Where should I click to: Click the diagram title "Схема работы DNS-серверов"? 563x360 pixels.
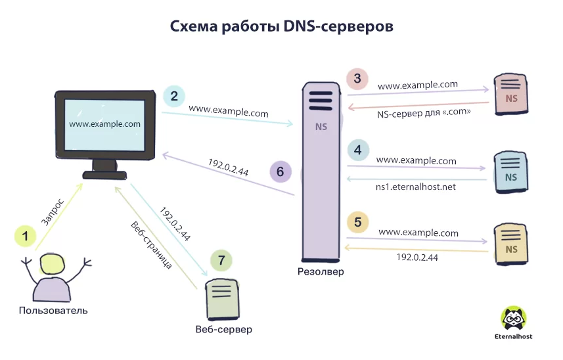coord(282,26)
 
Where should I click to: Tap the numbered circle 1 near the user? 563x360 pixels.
coord(26,235)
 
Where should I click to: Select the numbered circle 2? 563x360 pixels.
coord(174,96)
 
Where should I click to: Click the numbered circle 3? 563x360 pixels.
coord(357,79)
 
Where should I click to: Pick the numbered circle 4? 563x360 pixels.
coord(357,150)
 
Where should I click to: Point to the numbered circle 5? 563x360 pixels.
coord(357,222)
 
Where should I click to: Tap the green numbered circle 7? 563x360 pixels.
coord(221,260)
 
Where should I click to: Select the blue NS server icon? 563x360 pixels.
coord(510,172)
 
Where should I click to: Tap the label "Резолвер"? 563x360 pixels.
coord(321,271)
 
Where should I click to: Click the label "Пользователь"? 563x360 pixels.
coord(53,311)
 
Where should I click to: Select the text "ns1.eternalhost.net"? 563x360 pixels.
coord(415,187)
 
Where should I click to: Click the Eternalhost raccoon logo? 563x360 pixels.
coord(514,319)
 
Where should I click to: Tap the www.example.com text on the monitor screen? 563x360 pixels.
coord(104,124)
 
